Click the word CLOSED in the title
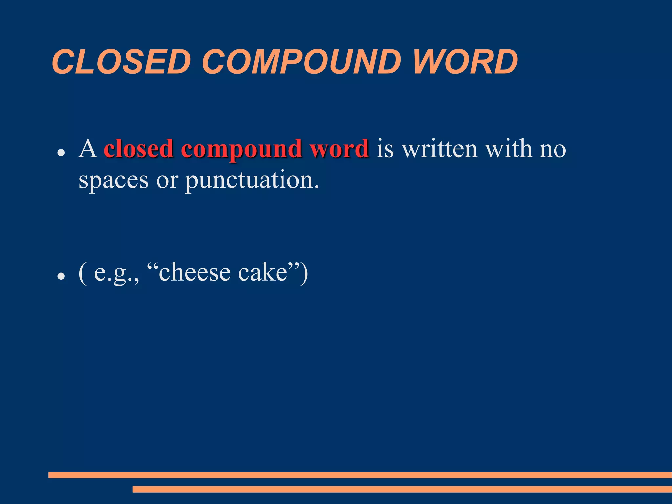pos(121,62)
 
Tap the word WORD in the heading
pos(465,62)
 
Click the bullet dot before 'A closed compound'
pos(60,153)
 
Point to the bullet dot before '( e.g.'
pos(60,276)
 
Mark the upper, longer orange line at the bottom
pos(360,475)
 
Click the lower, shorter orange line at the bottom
pos(402,489)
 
